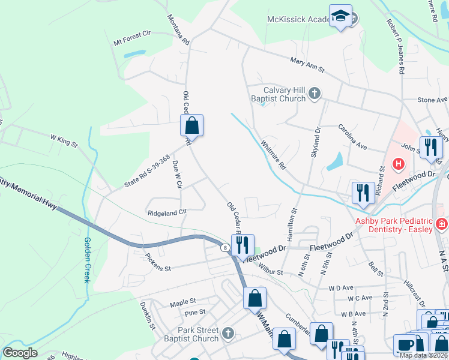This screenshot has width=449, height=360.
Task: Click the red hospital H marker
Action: click(x=397, y=163)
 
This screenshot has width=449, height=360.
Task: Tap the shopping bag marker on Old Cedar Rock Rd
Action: click(x=191, y=125)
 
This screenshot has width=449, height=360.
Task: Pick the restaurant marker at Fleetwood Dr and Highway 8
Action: click(x=243, y=245)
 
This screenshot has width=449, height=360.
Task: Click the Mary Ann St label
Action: click(x=307, y=65)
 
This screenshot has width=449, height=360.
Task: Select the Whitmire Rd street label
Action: click(x=274, y=154)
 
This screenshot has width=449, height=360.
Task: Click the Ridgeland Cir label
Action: click(x=167, y=212)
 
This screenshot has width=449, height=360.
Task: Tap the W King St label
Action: click(x=64, y=141)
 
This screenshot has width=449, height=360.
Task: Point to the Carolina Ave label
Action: click(x=352, y=137)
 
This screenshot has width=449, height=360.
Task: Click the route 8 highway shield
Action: click(x=224, y=247)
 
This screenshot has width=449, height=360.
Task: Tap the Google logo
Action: click(x=20, y=353)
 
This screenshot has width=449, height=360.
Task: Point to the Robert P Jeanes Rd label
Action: click(x=396, y=46)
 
